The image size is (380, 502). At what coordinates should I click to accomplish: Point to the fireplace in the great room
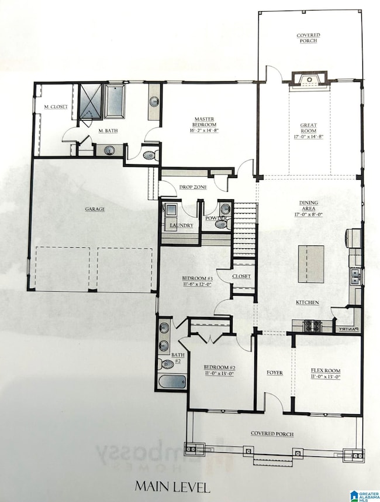(308, 80)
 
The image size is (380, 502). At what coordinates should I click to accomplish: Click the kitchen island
(311, 264)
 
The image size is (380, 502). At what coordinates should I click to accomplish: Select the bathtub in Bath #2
(172, 383)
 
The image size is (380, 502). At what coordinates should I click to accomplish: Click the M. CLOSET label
(56, 107)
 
